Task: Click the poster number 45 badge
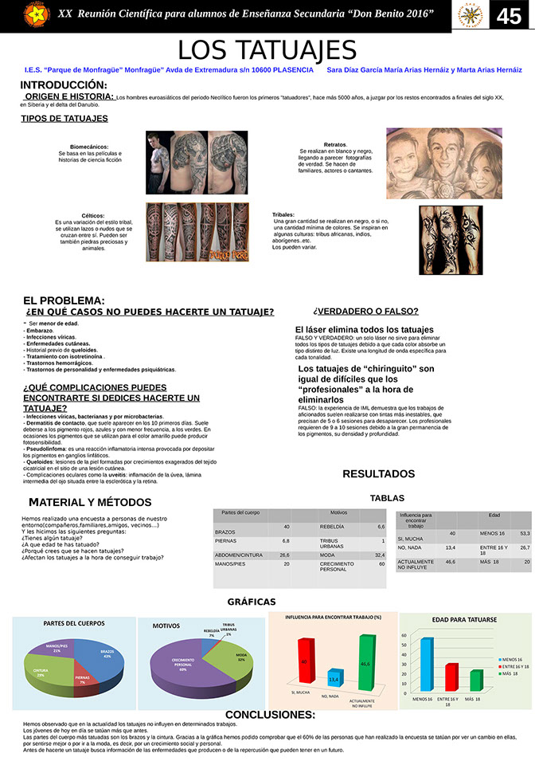point(509,17)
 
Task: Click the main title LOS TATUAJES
point(267,49)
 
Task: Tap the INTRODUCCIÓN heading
point(64,84)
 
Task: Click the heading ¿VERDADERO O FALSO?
point(365,312)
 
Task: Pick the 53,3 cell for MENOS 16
point(524,533)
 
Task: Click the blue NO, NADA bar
point(334,678)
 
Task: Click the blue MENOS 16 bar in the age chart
point(426,664)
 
